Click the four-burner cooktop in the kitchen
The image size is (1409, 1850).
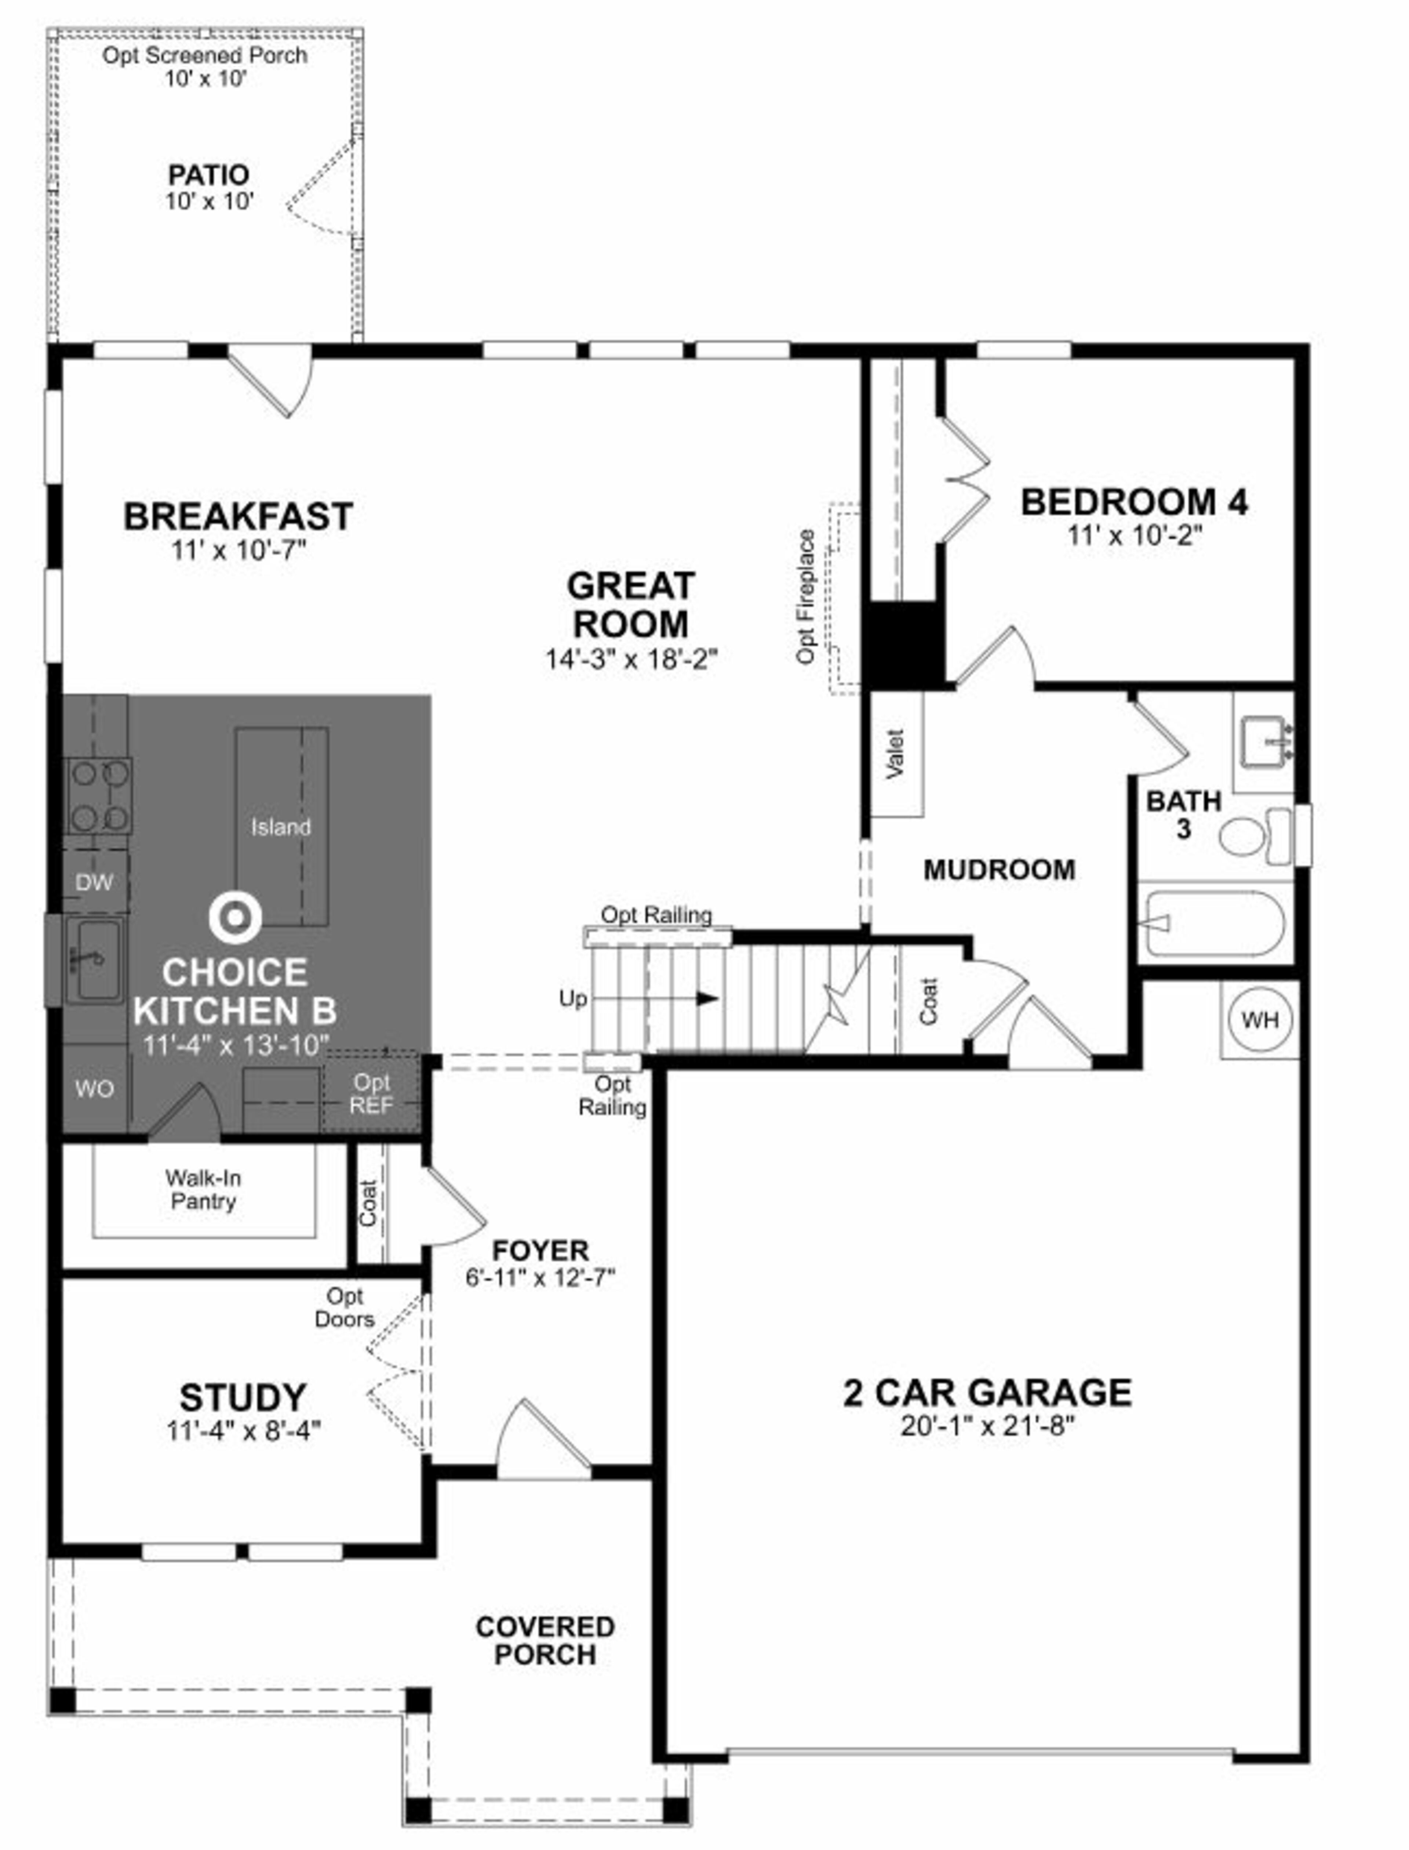pos(99,795)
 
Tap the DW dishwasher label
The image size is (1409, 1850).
pos(94,883)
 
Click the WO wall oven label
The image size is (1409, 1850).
pos(94,1089)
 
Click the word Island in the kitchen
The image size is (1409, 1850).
pos(281,827)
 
